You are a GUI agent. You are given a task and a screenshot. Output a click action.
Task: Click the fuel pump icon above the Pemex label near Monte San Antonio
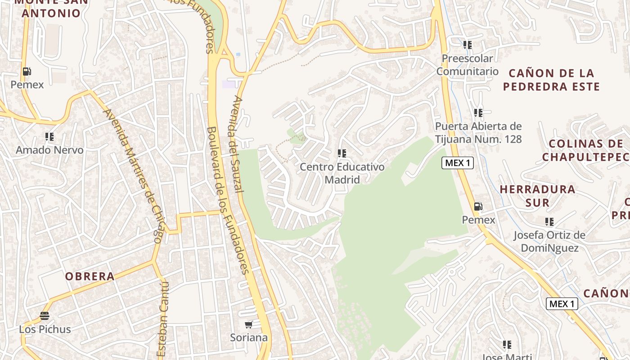coord(27,71)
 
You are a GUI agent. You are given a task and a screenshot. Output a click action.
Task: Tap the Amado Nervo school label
coord(49,150)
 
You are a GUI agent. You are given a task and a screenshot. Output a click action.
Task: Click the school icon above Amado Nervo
coord(49,136)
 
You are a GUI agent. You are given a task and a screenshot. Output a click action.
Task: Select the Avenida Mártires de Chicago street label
coord(132,175)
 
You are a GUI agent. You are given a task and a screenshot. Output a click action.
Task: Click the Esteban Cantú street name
coord(163,319)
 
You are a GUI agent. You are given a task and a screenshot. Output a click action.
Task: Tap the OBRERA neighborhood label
coord(90,276)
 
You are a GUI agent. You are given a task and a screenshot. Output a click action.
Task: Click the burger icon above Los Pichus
coord(44,315)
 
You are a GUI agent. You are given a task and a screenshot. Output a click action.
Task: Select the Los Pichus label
coord(45,329)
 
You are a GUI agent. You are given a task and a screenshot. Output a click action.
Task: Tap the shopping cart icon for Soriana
coord(249,324)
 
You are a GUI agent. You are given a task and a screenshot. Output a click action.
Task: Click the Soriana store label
coord(249,337)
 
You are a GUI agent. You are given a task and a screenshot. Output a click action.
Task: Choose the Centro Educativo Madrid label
coord(342,173)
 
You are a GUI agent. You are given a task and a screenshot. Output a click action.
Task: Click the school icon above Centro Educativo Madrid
coord(342,153)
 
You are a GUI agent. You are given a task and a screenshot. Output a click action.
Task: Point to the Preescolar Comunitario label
coord(468,65)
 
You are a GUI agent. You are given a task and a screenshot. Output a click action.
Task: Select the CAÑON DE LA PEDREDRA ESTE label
coord(551,80)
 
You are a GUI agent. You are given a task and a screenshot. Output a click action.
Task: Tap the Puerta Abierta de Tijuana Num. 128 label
coord(478,133)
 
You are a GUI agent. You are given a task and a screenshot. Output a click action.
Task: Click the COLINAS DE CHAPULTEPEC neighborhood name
coord(585,150)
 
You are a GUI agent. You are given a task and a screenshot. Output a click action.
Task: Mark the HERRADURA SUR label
coord(537,196)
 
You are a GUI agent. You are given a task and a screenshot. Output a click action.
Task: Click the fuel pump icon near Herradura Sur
coord(478,207)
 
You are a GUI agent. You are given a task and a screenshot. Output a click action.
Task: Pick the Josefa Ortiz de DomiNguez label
coord(549,242)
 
